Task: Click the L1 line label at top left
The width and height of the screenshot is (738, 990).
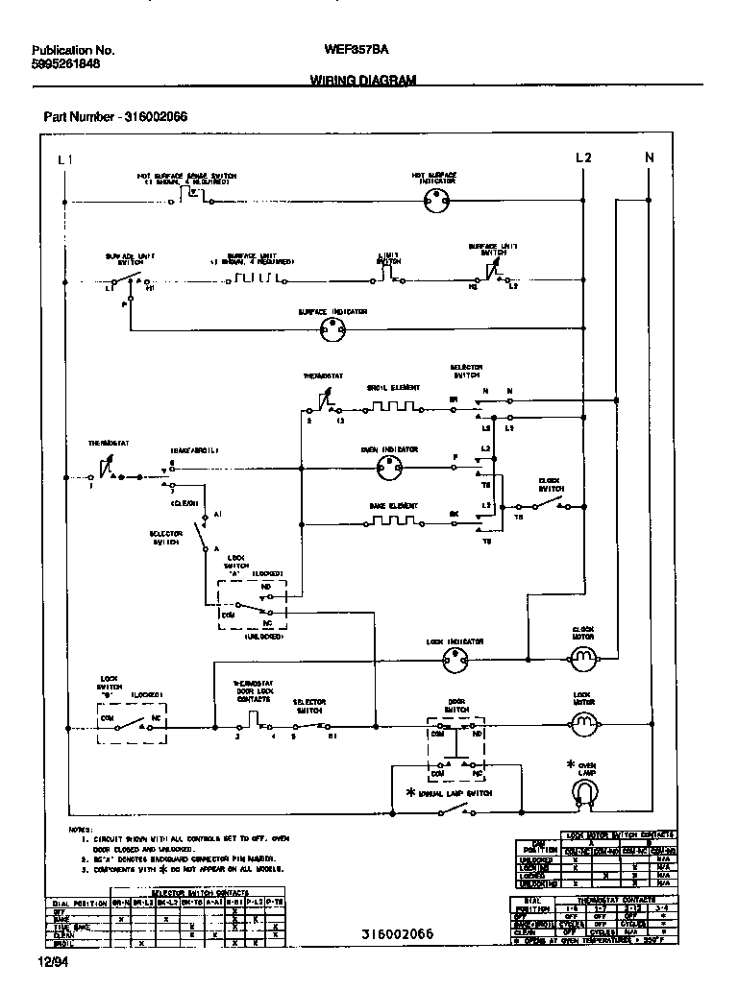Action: (x=64, y=158)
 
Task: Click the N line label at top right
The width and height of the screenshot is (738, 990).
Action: (x=650, y=157)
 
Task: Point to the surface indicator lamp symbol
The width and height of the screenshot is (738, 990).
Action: (x=332, y=329)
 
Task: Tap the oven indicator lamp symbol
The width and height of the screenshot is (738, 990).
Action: (x=388, y=468)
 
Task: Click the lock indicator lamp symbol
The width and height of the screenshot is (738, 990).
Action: (x=455, y=659)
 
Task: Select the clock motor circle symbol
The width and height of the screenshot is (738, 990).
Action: (x=583, y=658)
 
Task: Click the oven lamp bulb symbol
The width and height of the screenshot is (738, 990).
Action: (x=582, y=791)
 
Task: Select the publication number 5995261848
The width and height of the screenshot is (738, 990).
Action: (x=65, y=64)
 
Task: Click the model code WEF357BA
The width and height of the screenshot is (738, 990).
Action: (x=358, y=50)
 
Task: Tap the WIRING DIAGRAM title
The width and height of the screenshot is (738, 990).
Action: (x=363, y=82)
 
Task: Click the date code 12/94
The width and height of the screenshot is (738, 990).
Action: (x=53, y=960)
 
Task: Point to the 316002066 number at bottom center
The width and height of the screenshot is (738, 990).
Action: (x=398, y=934)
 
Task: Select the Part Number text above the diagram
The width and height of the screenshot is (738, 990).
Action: (x=115, y=116)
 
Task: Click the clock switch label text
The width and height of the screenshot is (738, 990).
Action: (x=550, y=483)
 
